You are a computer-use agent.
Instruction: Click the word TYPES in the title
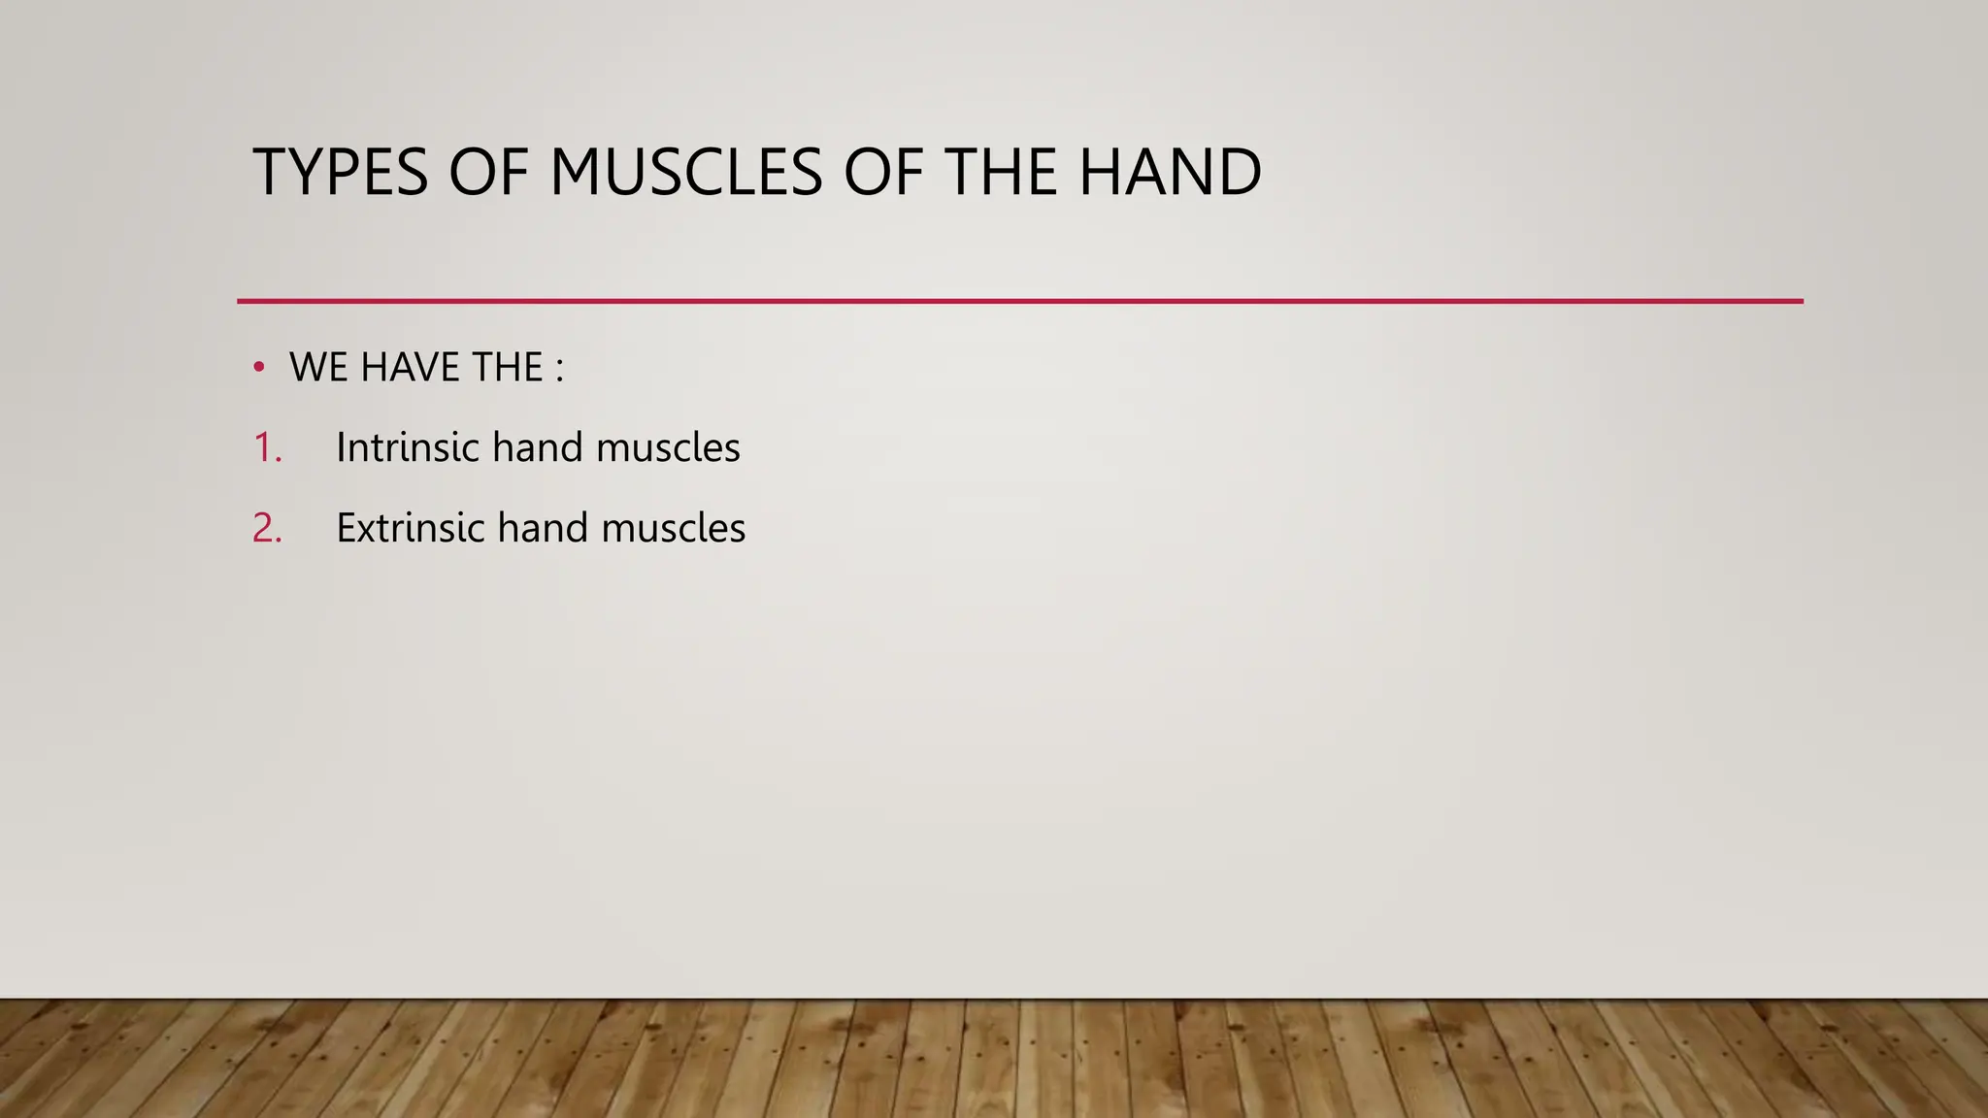click(x=340, y=173)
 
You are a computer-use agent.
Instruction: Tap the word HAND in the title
click(x=1170, y=173)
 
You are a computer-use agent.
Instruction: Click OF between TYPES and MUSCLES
click(x=488, y=173)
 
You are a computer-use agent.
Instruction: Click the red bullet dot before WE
click(x=258, y=367)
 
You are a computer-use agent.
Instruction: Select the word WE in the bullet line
click(x=319, y=368)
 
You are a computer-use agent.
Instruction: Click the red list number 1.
click(x=266, y=448)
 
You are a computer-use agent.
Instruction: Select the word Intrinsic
click(x=408, y=448)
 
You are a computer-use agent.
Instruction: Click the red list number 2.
click(x=267, y=529)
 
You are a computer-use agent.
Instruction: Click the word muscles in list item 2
click(x=674, y=529)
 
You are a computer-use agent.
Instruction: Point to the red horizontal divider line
click(x=1019, y=302)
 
